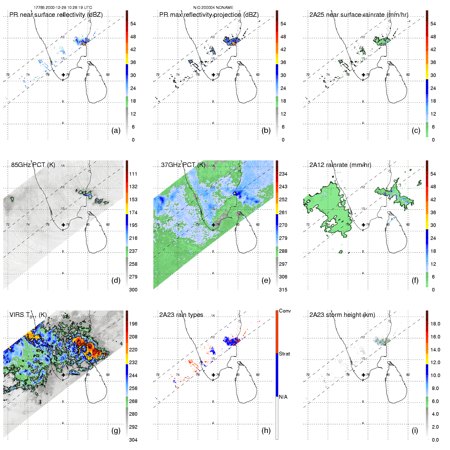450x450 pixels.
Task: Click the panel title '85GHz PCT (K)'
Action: click(x=33, y=165)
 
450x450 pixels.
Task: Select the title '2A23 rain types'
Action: click(x=181, y=315)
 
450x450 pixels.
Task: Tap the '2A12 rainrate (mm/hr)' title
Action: click(x=340, y=165)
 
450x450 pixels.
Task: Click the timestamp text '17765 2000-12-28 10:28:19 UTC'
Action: click(x=63, y=8)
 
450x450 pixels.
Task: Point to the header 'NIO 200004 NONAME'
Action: click(x=213, y=8)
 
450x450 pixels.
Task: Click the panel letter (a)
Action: click(x=116, y=130)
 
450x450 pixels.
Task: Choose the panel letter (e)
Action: click(x=266, y=280)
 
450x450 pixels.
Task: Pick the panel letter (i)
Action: click(x=415, y=430)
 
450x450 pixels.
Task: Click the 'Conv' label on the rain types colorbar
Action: click(x=285, y=311)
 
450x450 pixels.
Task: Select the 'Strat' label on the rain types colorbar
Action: click(x=284, y=354)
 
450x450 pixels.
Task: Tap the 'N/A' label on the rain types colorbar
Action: click(x=283, y=397)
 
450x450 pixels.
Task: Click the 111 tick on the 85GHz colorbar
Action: click(x=133, y=174)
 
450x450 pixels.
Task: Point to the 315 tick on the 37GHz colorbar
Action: click(x=283, y=290)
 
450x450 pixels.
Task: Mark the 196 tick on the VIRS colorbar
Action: click(x=133, y=324)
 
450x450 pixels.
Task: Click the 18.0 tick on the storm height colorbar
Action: click(x=435, y=324)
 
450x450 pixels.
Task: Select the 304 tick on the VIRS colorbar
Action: click(x=133, y=440)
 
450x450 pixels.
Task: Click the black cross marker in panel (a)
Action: click(x=63, y=75)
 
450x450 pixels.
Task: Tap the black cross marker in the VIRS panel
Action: click(x=63, y=375)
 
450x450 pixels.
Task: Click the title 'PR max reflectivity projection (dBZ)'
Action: click(x=209, y=15)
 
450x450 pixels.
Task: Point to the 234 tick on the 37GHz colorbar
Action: click(x=283, y=174)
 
